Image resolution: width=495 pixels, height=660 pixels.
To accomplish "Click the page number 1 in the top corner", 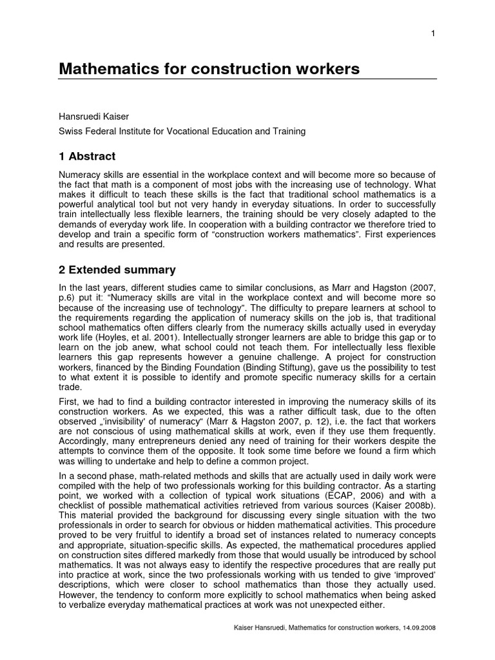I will (434, 34).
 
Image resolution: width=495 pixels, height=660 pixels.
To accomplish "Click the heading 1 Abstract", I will (87, 156).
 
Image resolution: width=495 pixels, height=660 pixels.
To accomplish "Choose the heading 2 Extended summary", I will (117, 269).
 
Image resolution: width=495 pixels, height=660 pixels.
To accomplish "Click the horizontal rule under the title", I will (247, 79).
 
